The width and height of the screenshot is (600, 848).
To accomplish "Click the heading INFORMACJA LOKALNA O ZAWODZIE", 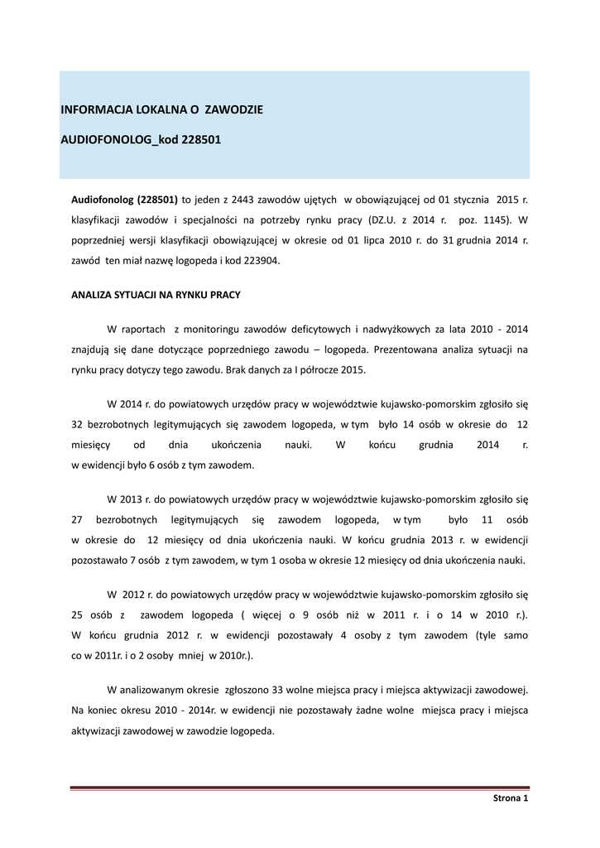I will (161, 109).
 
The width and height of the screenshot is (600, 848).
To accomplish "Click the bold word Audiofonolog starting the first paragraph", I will (103, 200).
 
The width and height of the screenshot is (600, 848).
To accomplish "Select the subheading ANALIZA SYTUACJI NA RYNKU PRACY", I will (156, 294).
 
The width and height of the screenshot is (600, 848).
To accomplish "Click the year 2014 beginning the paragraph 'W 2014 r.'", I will (131, 405).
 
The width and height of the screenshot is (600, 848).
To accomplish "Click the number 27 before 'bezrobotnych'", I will (79, 519).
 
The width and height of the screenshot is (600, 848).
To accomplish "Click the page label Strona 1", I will (510, 797).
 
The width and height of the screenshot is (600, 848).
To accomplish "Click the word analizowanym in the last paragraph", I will (157, 689).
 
